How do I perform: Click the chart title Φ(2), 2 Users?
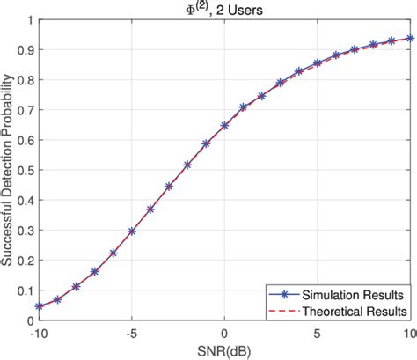tap(224, 9)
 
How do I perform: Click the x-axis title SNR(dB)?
tap(224, 351)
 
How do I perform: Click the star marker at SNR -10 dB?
tap(40, 306)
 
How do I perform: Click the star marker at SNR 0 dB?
tap(224, 126)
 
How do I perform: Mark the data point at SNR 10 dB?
tap(409, 39)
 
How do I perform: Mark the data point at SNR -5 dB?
tap(132, 231)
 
